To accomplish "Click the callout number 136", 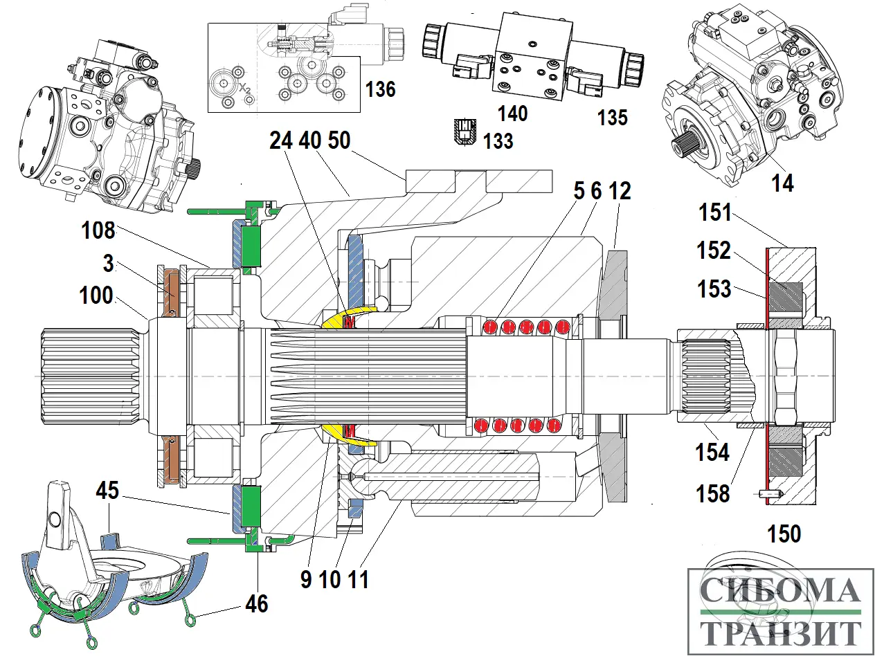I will coord(380,89).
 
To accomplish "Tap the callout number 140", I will coord(512,113).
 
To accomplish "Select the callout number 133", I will coord(498,141).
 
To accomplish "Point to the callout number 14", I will coord(783,183).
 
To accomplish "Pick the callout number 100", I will coord(96,295).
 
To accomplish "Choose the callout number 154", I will coord(713,453).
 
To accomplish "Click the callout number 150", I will coord(784,534).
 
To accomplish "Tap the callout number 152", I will coord(714,251).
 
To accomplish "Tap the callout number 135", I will coord(613,117).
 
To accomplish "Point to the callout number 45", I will coord(107,491).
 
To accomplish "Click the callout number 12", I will coord(620,191).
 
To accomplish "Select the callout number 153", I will coord(714,289).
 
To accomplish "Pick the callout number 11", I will coord(358,579).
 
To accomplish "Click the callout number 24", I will coord(282,140).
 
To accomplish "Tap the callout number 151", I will coord(714,212).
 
